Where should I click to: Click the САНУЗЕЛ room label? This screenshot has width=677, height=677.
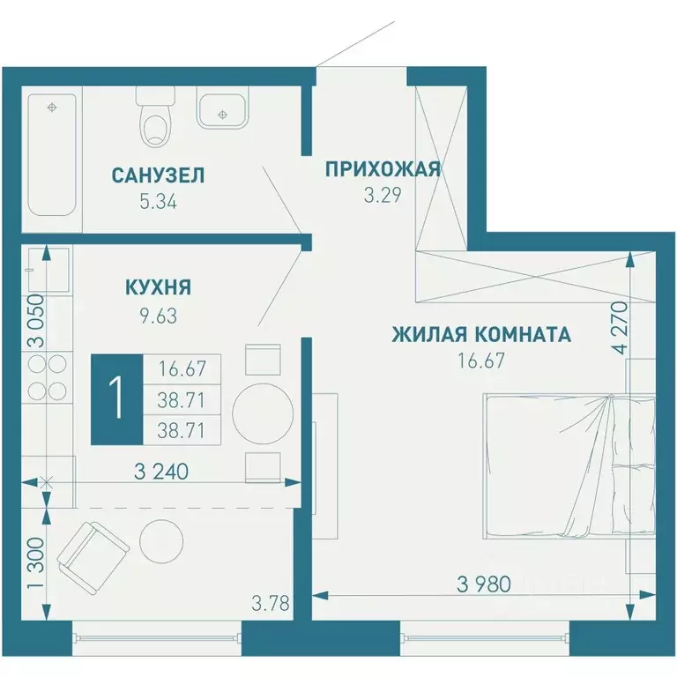pos(158,175)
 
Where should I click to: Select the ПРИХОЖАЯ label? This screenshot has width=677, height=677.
pos(382,169)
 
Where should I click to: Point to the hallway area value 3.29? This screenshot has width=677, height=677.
pos(383,196)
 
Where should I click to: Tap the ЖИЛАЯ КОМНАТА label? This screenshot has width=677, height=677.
pos(480,334)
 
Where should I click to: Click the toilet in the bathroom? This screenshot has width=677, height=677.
pos(157,119)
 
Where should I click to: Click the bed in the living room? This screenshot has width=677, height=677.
pos(569,465)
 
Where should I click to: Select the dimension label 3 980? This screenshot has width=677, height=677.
pos(484,584)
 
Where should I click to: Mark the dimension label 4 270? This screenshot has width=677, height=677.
pos(625,328)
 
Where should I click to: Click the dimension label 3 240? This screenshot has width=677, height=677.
pos(160,472)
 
